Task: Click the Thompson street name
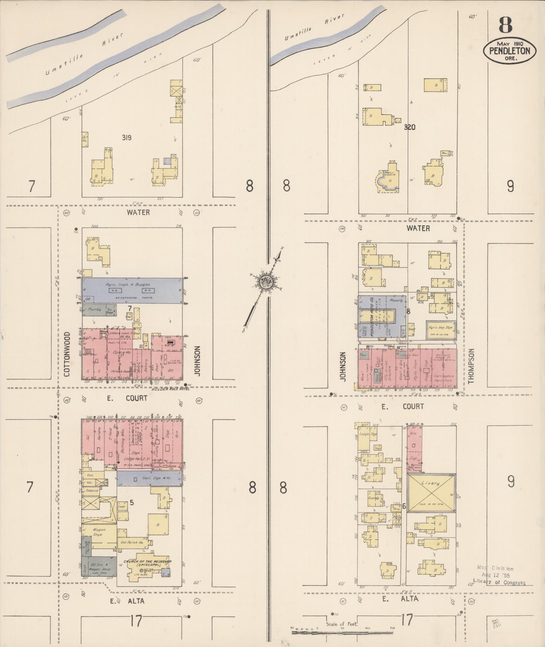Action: coord(471,366)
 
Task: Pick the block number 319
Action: coord(127,138)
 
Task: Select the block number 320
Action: coord(410,128)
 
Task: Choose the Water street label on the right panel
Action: coord(418,228)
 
